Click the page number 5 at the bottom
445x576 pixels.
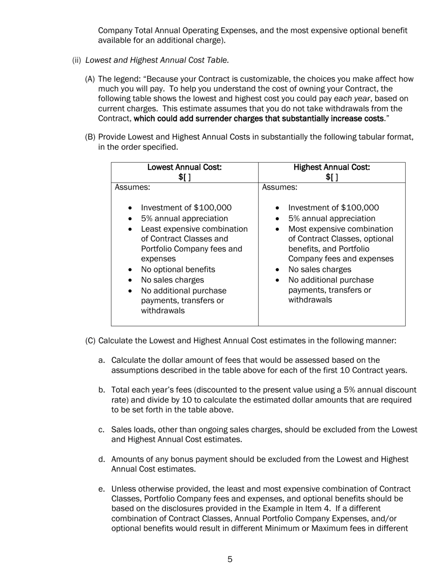point(230,559)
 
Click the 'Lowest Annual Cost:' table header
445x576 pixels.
point(185,167)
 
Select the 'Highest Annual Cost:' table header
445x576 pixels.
point(332,167)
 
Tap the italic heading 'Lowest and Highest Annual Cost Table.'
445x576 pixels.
point(157,60)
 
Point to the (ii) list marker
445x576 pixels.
point(76,60)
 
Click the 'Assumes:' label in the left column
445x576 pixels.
point(133,187)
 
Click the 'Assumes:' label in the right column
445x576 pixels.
point(280,187)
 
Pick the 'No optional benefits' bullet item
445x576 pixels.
point(178,270)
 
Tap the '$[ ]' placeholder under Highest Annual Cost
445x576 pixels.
point(332,177)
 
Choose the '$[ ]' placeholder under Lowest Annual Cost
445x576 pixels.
point(185,177)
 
